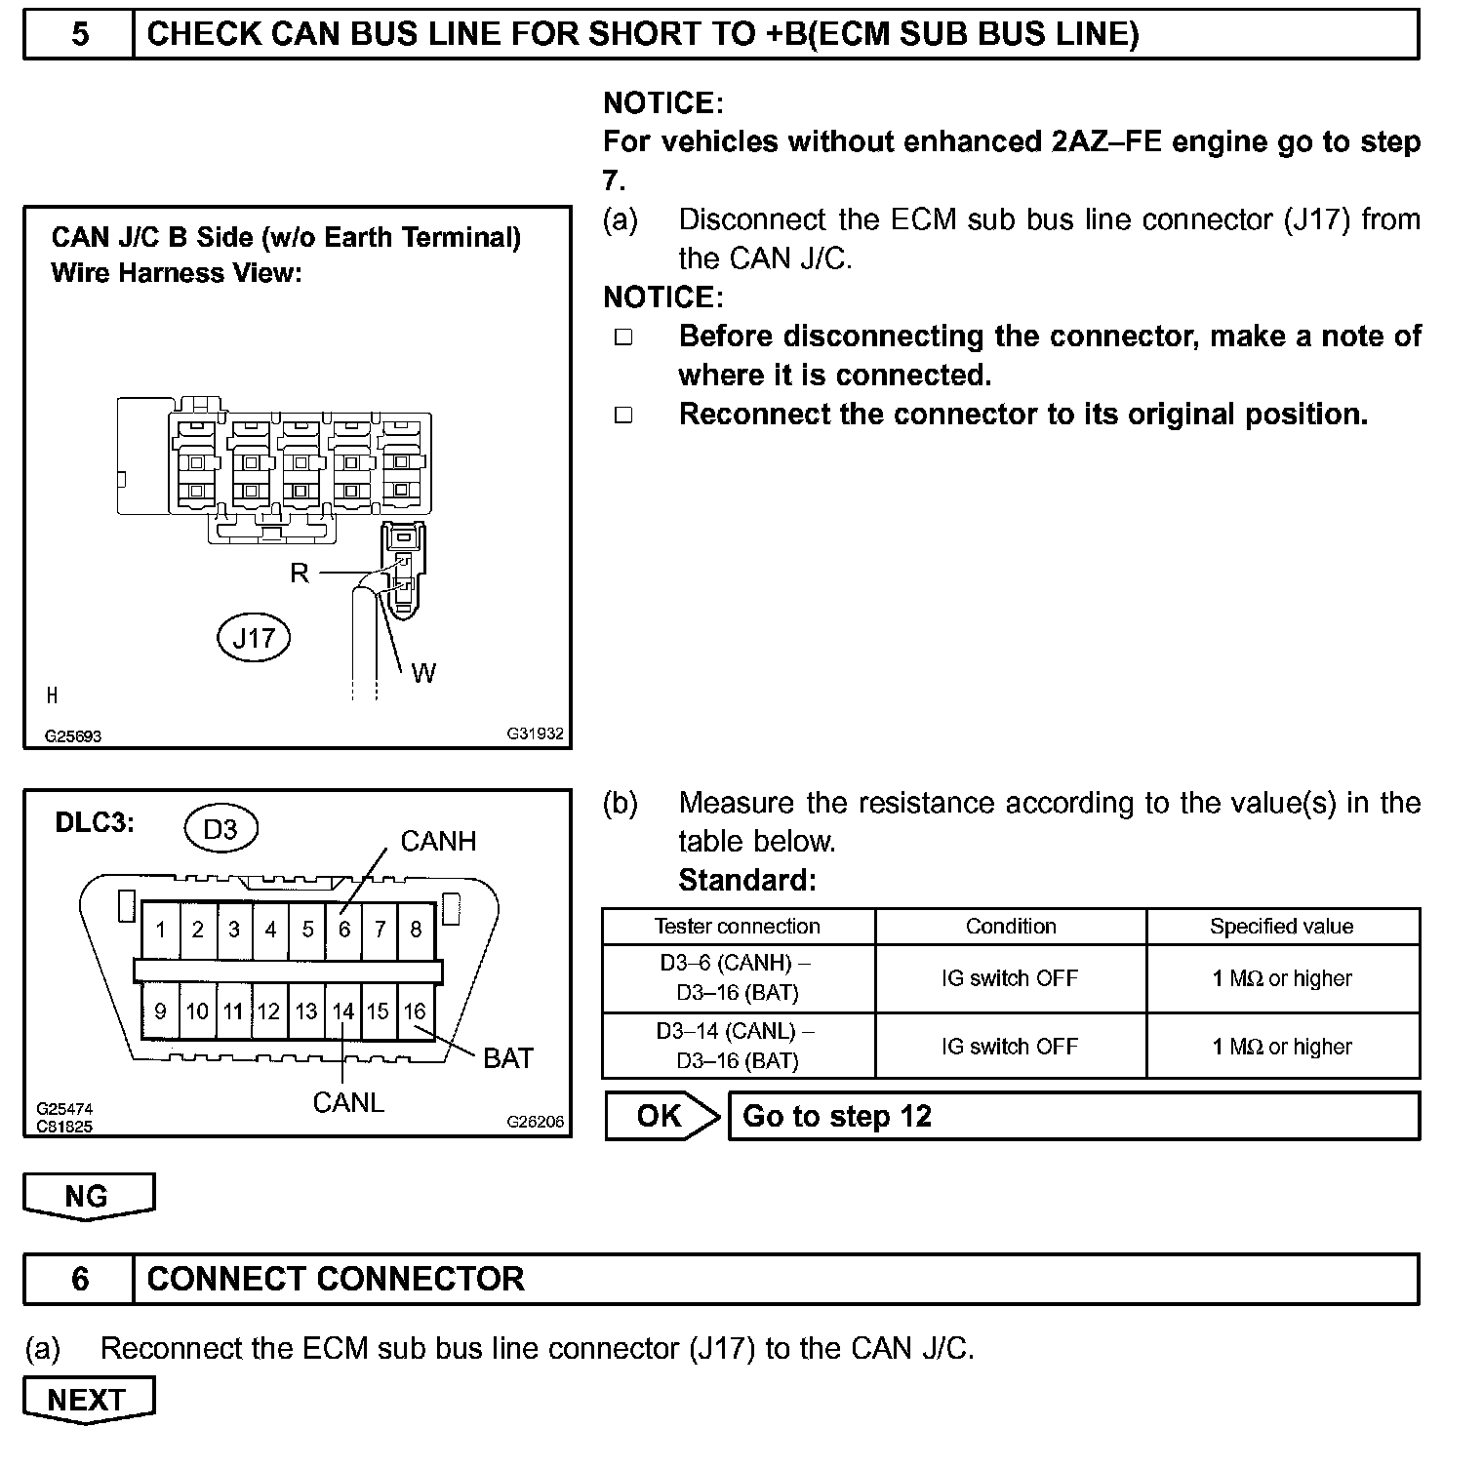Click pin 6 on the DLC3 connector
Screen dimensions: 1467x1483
click(343, 930)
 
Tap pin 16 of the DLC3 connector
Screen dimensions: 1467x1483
click(415, 1011)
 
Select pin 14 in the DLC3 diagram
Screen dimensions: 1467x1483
click(342, 1011)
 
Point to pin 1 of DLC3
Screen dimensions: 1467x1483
click(160, 930)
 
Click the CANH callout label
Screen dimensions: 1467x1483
click(438, 842)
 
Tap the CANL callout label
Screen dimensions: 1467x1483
click(348, 1102)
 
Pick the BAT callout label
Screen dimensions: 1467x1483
click(508, 1058)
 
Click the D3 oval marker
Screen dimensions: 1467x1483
click(220, 829)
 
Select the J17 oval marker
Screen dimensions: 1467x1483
click(254, 638)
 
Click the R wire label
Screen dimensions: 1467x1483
click(300, 574)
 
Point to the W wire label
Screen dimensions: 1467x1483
click(423, 673)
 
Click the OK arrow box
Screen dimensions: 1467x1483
click(661, 1116)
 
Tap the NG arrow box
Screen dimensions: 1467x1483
click(88, 1196)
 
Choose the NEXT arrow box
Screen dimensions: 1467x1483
click(88, 1400)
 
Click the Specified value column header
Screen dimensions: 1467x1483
click(1281, 927)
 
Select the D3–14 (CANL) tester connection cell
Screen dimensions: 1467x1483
click(737, 1046)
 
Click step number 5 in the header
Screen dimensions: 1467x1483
click(80, 35)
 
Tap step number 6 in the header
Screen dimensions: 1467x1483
click(80, 1279)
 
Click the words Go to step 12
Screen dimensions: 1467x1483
click(837, 1116)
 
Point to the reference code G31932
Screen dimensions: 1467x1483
click(535, 733)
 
